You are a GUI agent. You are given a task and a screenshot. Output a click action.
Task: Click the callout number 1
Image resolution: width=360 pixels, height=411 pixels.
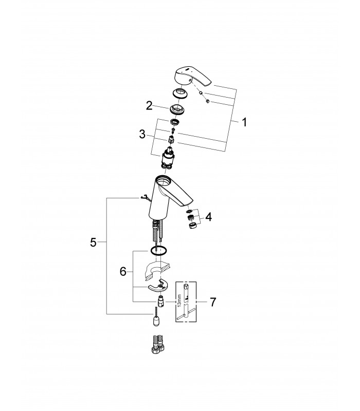click(x=244, y=122)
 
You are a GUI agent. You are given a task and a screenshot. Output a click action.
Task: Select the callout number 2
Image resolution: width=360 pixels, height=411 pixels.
click(x=149, y=106)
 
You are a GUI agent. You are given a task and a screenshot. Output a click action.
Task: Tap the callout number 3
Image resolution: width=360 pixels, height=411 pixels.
click(x=142, y=135)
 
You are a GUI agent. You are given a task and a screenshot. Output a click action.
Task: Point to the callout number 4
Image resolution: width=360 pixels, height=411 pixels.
click(x=208, y=217)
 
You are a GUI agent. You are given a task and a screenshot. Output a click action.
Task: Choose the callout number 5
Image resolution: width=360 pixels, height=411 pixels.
click(x=93, y=242)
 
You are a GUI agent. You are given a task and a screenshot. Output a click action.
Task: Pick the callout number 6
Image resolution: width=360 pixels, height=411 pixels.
click(x=123, y=272)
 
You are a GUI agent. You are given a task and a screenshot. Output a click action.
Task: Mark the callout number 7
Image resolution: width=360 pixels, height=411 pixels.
click(x=212, y=302)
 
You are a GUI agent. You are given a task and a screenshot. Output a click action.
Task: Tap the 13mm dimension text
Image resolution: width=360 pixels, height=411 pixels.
click(x=179, y=301)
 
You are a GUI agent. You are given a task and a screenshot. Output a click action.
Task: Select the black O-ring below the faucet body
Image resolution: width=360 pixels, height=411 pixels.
click(x=159, y=250)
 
